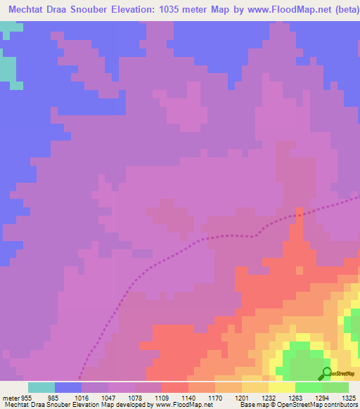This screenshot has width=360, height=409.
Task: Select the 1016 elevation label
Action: pyautogui.click(x=82, y=397)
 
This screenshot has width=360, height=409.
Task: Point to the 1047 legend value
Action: pyautogui.click(x=109, y=397)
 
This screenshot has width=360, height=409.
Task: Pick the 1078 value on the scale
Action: pyautogui.click(x=136, y=397)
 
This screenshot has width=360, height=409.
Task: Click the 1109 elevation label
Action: pyautogui.click(x=162, y=397)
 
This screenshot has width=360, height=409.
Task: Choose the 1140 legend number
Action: pyautogui.click(x=188, y=397)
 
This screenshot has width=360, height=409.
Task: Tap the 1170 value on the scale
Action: pyautogui.click(x=215, y=397)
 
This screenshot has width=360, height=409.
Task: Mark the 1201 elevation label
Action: pyautogui.click(x=242, y=397)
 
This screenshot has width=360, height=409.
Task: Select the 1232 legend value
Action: pyautogui.click(x=269, y=397)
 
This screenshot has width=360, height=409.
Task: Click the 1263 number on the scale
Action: pyautogui.click(x=295, y=397)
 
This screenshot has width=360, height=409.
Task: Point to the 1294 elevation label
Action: pyautogui.click(x=322, y=397)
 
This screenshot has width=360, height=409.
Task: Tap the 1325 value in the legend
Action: pyautogui.click(x=348, y=397)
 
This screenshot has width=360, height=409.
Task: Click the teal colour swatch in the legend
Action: pyautogui.click(x=41, y=387)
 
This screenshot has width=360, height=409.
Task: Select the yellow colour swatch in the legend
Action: pyautogui.click(x=281, y=387)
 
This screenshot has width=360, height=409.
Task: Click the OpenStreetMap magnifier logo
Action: pyautogui.click(x=326, y=374)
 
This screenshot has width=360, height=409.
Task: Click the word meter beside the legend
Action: pyautogui.click(x=11, y=397)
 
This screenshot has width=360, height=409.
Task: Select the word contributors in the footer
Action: pyautogui.click(x=338, y=405)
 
